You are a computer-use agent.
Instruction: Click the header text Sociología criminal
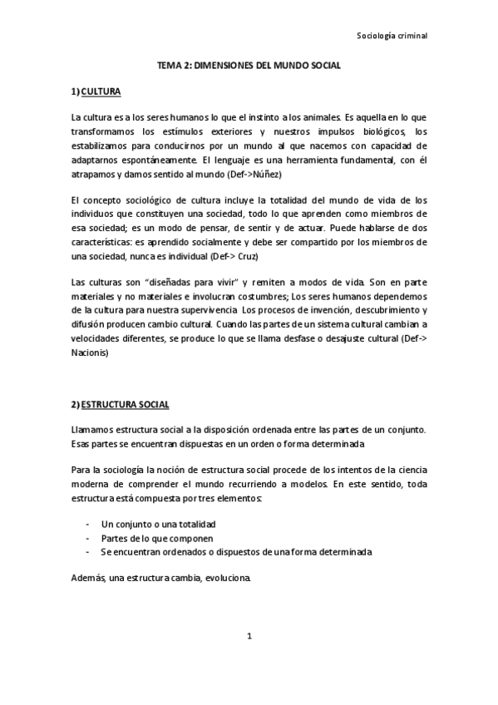point(391,37)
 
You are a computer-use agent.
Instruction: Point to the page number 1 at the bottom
point(249,637)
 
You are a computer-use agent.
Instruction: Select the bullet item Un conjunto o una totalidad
point(158,525)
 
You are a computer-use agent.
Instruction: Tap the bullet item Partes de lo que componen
point(151,539)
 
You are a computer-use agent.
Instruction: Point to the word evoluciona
point(221,579)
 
